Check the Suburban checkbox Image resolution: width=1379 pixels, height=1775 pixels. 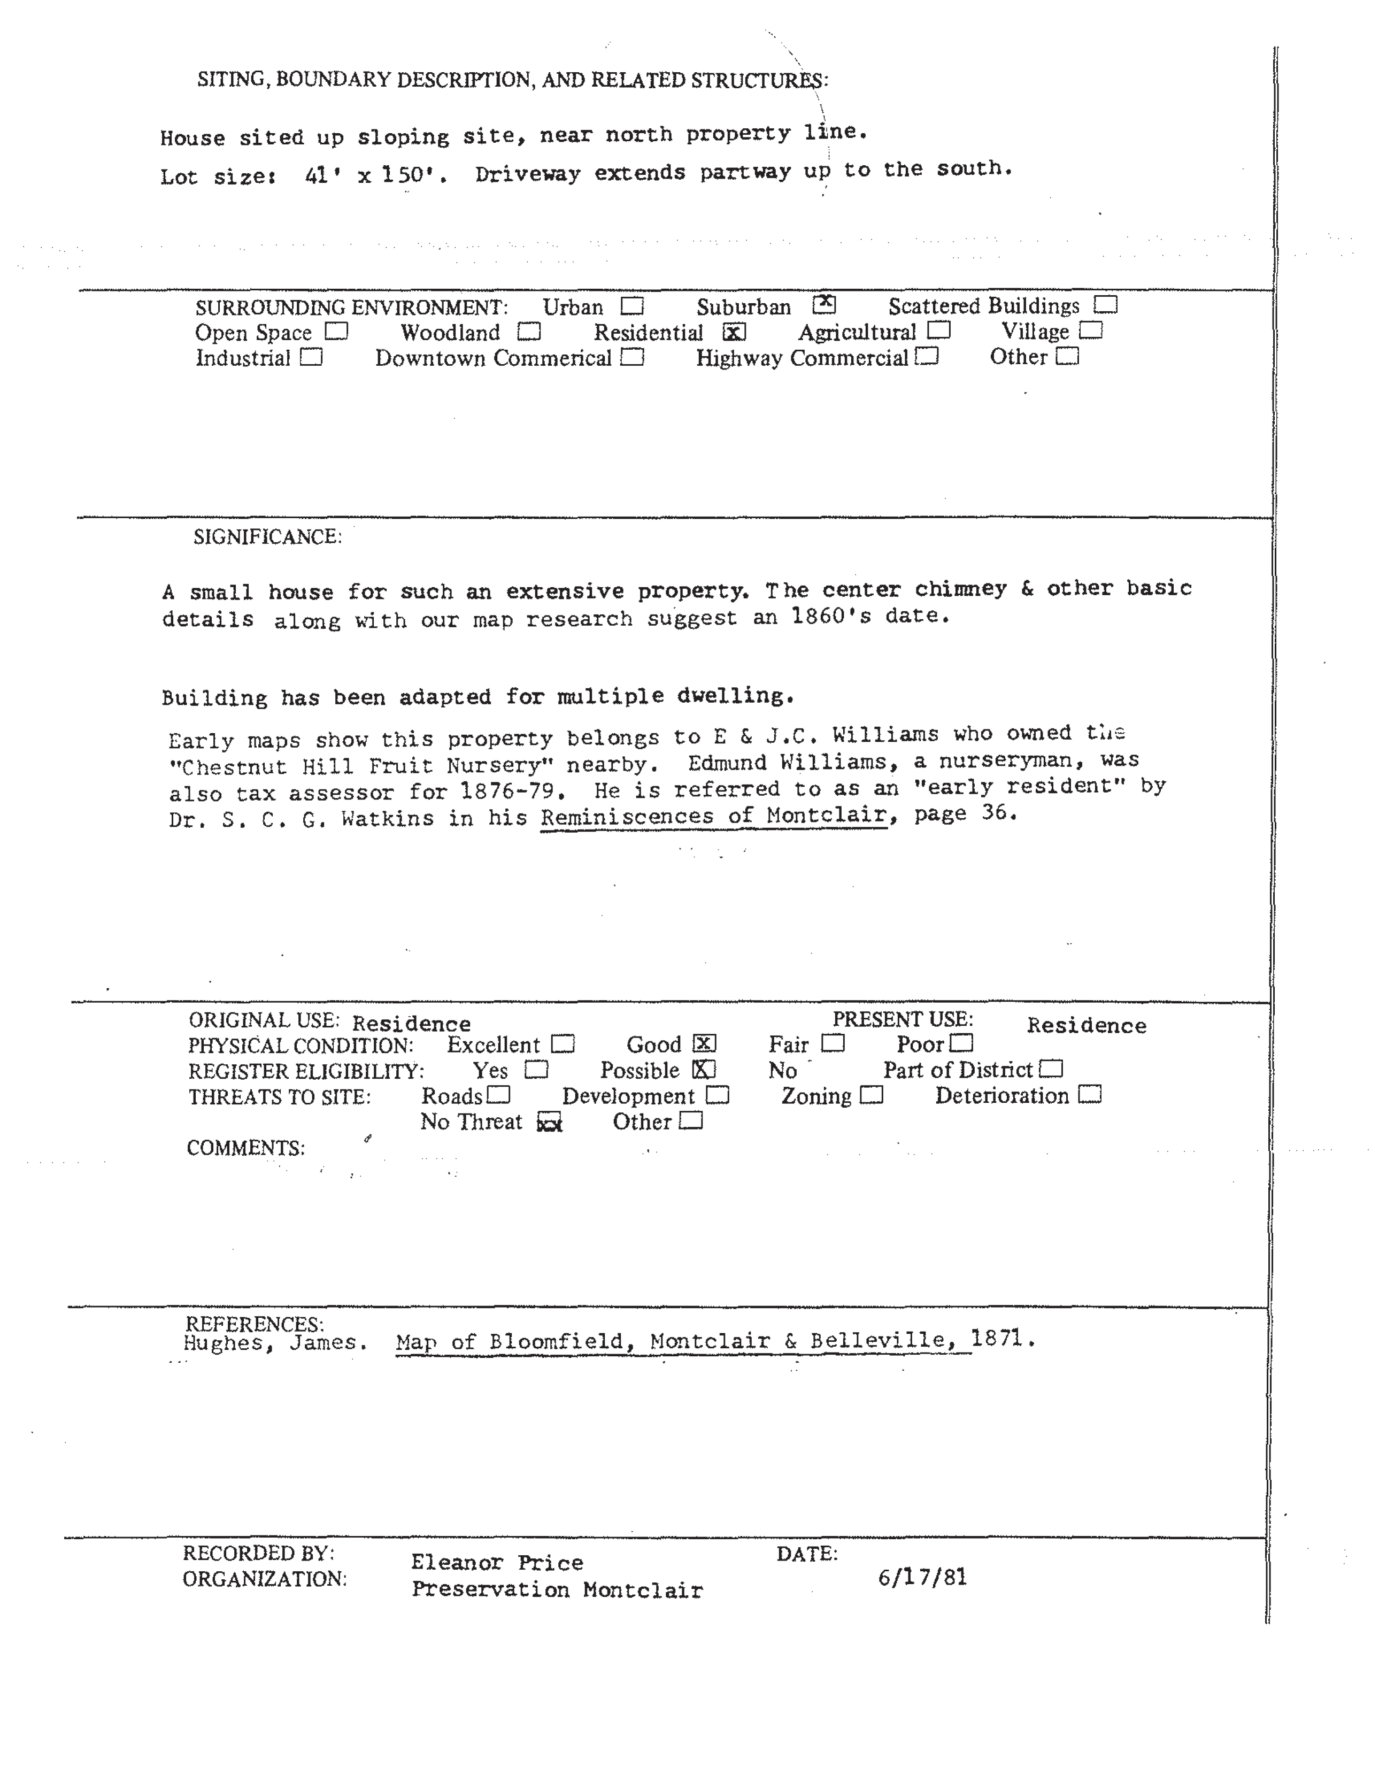[x=824, y=305]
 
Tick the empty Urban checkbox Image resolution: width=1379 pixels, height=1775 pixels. [x=631, y=306]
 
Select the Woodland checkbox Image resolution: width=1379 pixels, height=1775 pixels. [x=529, y=332]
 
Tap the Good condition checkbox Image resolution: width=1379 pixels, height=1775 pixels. [x=704, y=1043]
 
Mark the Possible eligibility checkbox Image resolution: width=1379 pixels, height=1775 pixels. [x=704, y=1070]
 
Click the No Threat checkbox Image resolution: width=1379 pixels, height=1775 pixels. [x=550, y=1123]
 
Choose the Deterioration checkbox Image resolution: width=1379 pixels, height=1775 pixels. [x=1090, y=1095]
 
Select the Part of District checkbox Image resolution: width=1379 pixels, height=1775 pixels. [x=1051, y=1069]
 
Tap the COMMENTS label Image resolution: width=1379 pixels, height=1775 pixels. [x=245, y=1148]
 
